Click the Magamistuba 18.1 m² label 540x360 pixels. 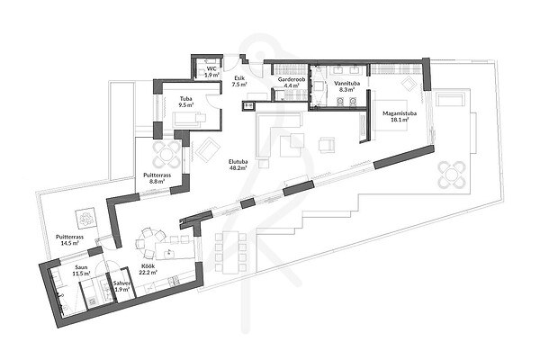400,116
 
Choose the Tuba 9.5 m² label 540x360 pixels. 186,102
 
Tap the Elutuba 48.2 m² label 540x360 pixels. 238,165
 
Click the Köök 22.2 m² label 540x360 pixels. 148,269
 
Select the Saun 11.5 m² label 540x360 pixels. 81,270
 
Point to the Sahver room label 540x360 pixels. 121,286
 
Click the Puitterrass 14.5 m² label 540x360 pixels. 70,239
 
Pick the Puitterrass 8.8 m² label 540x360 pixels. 157,178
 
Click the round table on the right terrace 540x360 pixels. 452,175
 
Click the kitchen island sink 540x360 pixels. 169,252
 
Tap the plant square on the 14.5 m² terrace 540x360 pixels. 85,218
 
